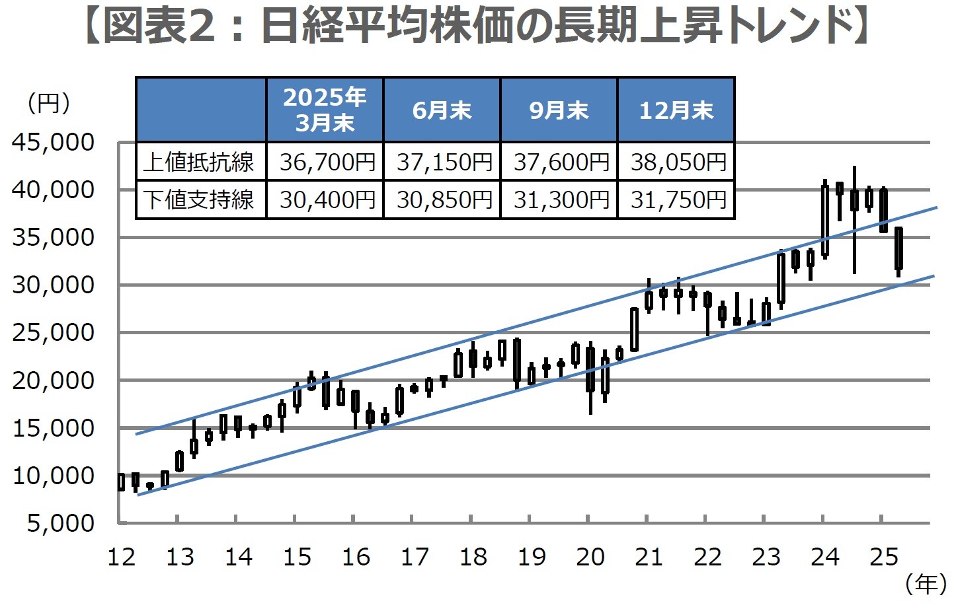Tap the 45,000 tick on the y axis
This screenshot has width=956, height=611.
pos(54,142)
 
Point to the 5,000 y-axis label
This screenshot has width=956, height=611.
pos(60,522)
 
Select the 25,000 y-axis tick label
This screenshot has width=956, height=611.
pos(54,332)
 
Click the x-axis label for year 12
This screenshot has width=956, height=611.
pos(121,557)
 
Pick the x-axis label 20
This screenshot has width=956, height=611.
pos(590,557)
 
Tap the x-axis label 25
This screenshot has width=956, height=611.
pos(883,557)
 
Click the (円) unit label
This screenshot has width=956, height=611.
pos(48,103)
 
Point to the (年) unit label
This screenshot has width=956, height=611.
pos(926,583)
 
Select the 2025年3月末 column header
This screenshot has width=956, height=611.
pos(325,110)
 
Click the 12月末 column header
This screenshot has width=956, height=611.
pos(676,110)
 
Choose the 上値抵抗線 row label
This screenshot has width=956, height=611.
pos(200,162)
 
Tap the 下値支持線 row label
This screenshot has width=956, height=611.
pos(200,199)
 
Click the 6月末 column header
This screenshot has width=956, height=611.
pos(442,110)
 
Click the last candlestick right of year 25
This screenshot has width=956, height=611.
pos(898,249)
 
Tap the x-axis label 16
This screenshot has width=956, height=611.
pos(356,557)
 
